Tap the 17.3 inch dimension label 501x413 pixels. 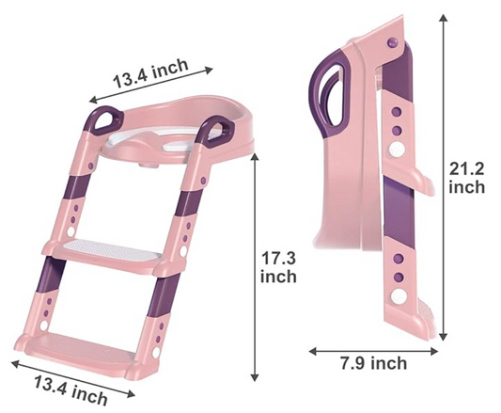278,266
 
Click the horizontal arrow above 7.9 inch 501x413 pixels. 373,348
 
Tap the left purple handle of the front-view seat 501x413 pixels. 103,123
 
